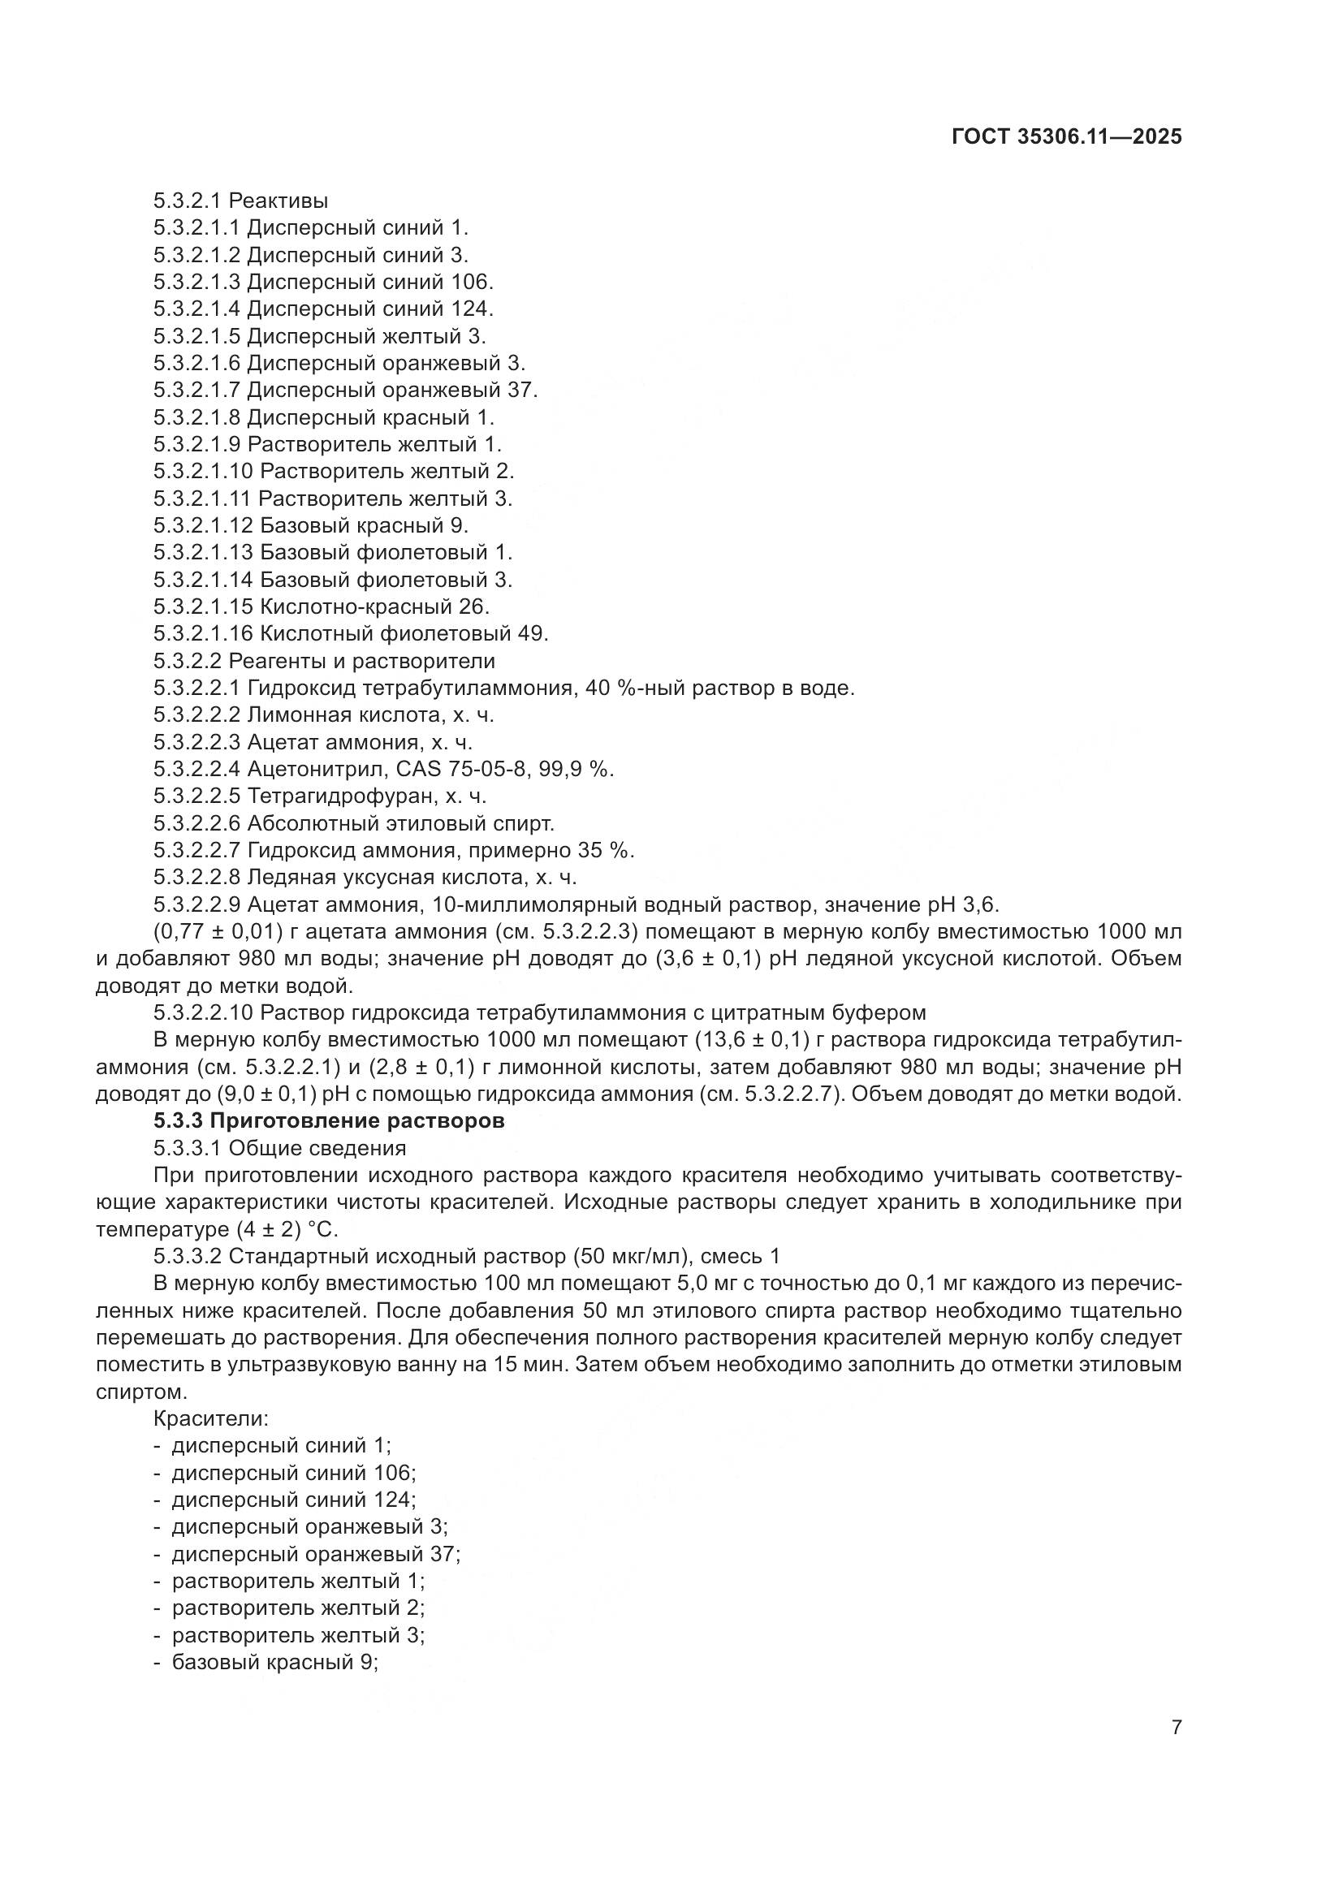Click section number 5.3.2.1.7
(196, 390)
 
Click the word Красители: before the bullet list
(211, 1418)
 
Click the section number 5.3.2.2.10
(204, 1012)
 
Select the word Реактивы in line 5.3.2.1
(278, 201)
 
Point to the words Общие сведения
(317, 1148)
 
